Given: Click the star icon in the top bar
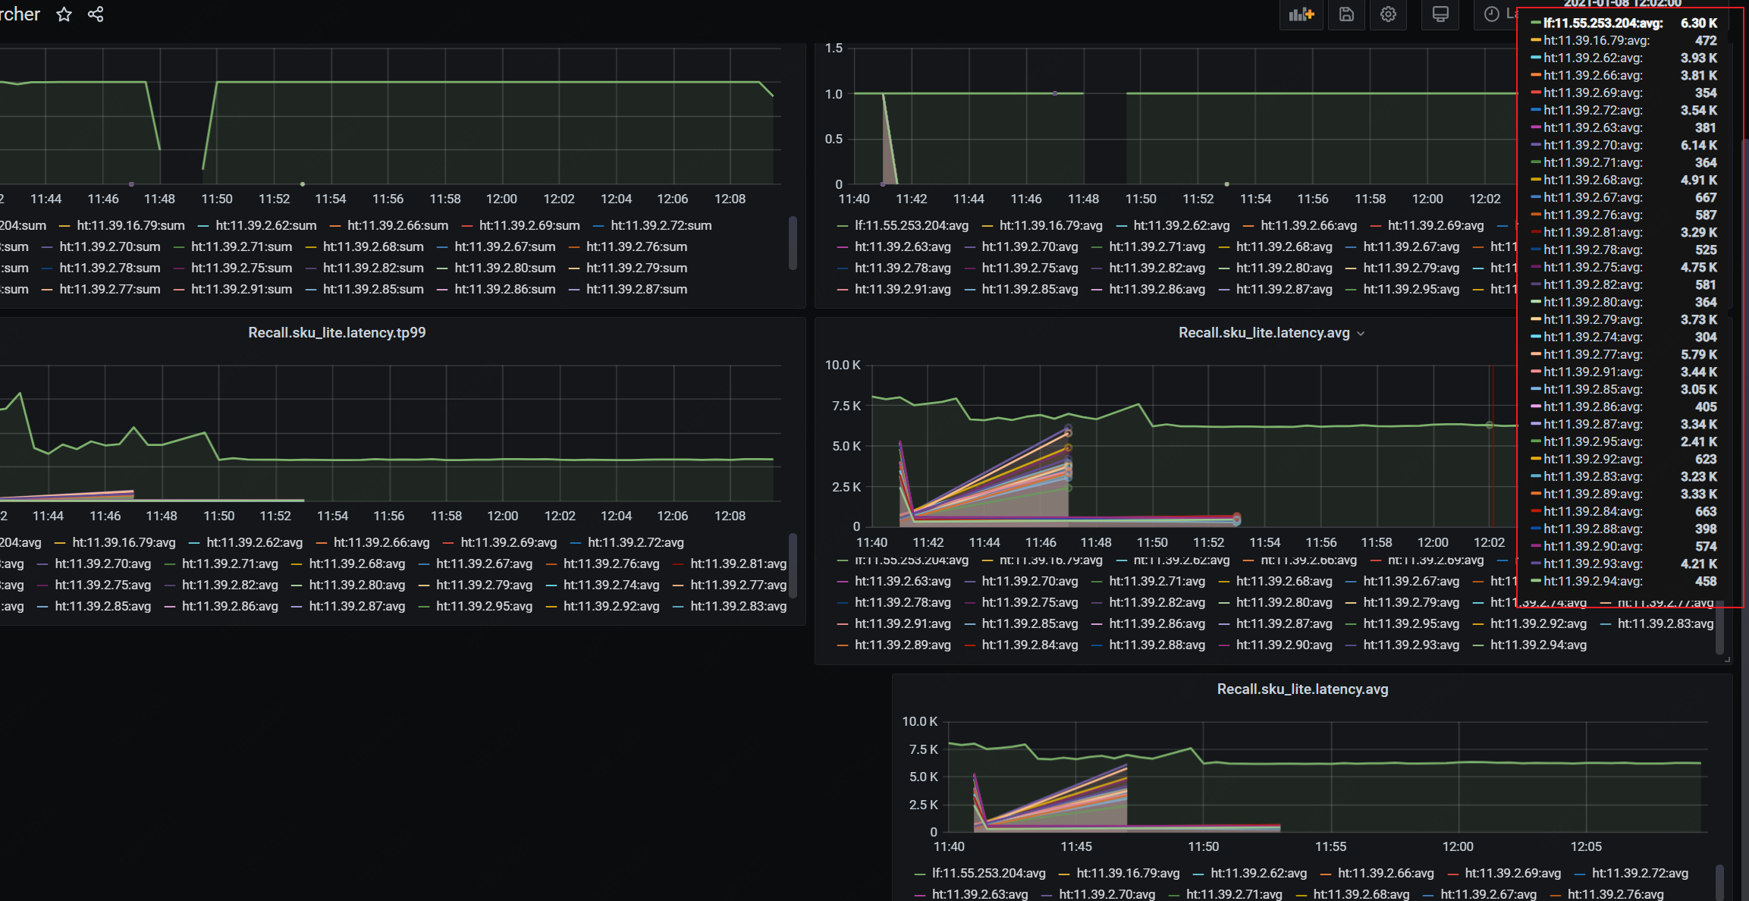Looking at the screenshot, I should tap(64, 14).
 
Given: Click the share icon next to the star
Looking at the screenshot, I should tap(96, 14).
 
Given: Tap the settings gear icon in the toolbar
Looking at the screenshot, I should tap(1388, 14).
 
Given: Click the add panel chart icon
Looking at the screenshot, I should tap(1301, 14).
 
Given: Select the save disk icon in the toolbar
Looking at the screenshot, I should tap(1346, 14).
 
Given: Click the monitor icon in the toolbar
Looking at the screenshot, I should tap(1440, 14).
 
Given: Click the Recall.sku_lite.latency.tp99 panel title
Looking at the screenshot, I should tap(337, 333).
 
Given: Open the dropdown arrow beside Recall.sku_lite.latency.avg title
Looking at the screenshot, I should tap(1361, 334).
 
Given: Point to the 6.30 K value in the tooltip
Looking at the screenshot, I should tap(1698, 24).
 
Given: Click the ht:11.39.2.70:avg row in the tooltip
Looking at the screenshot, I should tap(1593, 146).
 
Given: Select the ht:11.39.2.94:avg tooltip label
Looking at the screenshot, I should tap(1593, 582).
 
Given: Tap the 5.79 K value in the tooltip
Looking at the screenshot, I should tap(1698, 355).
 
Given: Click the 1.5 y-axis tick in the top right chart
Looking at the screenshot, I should tap(834, 49).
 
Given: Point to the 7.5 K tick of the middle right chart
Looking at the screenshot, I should tap(846, 407).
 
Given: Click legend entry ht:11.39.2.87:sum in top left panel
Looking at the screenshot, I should tap(636, 290).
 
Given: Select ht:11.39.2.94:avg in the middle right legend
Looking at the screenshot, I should tap(1537, 645).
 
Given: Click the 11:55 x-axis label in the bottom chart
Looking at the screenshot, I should tap(1330, 847).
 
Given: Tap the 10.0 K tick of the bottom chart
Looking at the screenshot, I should tap(919, 722).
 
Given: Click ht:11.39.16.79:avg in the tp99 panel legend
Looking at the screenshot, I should tap(124, 543).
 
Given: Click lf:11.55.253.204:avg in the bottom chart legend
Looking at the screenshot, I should tap(988, 874).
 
